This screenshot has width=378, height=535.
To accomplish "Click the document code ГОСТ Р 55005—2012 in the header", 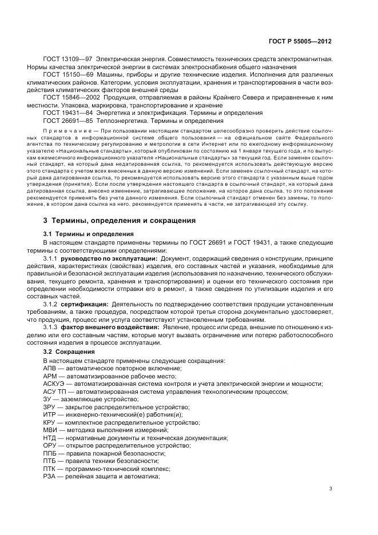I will tap(301, 42).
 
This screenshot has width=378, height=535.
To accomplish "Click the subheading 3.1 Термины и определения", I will tap(88, 234).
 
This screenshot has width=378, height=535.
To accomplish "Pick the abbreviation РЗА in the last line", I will tap(50, 476).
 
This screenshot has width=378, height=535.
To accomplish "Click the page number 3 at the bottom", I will tap(331, 488).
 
